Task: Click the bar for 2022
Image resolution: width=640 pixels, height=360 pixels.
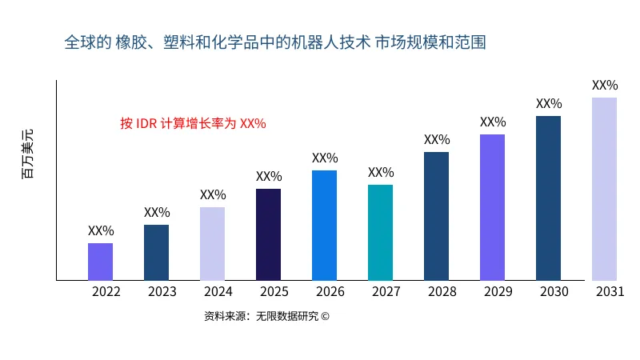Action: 101,262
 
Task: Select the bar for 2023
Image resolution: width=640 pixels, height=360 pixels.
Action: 157,253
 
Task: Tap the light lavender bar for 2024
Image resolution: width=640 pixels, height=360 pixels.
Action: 213,244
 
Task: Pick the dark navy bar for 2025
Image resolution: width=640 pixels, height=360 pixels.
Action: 269,234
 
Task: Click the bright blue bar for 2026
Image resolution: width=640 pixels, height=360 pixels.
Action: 325,226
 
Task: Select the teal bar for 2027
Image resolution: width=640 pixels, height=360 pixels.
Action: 381,233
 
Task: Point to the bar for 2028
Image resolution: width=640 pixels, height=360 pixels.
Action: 437,216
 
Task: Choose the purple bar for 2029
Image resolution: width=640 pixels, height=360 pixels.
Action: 493,207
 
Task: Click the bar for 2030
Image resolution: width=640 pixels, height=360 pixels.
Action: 549,198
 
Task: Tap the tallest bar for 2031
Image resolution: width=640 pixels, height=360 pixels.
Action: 605,189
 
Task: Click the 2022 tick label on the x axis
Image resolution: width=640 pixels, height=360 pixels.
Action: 106,292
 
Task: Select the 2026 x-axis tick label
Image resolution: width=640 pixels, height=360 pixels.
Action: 330,292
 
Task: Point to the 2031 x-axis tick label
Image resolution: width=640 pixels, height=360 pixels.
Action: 610,292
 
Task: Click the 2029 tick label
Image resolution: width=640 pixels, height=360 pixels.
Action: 498,292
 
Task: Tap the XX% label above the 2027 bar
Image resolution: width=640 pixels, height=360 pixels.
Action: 381,172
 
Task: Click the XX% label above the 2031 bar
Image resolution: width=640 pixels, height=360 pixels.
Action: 605,85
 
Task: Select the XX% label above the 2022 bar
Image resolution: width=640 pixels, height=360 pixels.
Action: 101,230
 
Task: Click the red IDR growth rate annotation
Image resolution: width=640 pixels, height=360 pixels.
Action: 193,123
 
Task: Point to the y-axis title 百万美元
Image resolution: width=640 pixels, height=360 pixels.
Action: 28,153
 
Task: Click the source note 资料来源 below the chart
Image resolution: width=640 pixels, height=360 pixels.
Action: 266,316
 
